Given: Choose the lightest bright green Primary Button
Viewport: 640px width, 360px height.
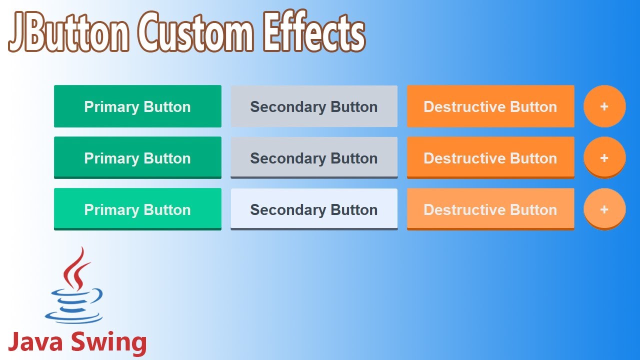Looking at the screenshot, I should [x=137, y=209].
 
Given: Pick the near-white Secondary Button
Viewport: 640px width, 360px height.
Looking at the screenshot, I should [x=314, y=209].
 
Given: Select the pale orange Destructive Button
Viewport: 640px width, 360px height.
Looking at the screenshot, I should [x=490, y=209].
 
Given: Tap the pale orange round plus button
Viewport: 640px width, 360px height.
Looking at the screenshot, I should [x=604, y=209].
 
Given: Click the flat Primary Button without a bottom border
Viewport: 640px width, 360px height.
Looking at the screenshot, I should [x=137, y=106].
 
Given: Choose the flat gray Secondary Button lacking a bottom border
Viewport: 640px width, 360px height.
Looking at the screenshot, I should [x=314, y=106].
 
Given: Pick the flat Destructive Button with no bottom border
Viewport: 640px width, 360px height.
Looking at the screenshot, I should [x=490, y=106].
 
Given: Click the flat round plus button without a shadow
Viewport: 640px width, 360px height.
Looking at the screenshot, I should [x=604, y=106].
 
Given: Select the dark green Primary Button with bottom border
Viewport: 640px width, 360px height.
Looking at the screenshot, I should [x=137, y=158].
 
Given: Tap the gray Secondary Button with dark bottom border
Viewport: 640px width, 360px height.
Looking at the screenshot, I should [x=314, y=158].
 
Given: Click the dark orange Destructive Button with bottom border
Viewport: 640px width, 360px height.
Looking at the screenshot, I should [x=490, y=158].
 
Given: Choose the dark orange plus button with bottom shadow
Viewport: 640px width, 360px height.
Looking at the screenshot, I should [x=604, y=158].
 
